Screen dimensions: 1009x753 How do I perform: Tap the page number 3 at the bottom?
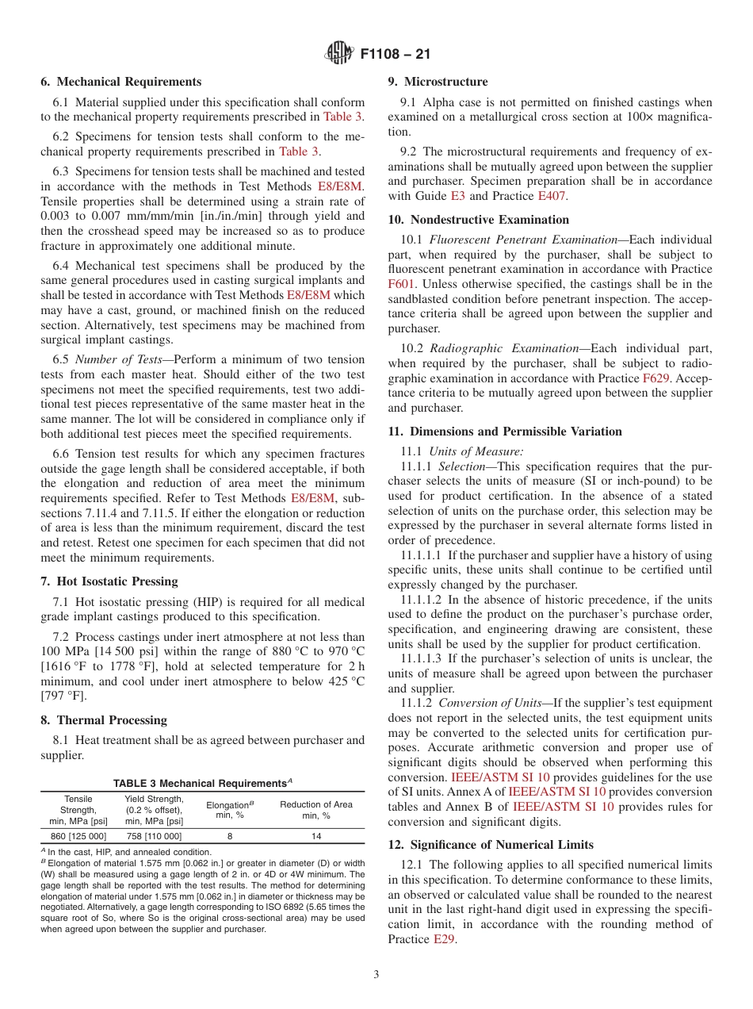click(x=376, y=975)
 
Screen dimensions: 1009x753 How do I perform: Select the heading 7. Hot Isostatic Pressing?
click(x=109, y=581)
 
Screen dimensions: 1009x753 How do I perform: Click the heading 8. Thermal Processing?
click(x=104, y=720)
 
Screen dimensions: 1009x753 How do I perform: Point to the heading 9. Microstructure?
click(x=438, y=82)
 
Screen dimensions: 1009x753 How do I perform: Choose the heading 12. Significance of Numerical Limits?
click(x=491, y=844)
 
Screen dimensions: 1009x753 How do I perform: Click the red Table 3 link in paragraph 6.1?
click(x=343, y=117)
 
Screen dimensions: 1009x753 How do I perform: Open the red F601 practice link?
click(x=403, y=283)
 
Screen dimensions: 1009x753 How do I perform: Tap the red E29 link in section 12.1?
click(x=445, y=939)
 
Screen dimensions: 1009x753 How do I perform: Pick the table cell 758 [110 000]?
click(x=154, y=835)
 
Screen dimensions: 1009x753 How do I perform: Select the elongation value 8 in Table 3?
click(x=230, y=835)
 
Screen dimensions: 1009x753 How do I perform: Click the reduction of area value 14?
click(x=316, y=835)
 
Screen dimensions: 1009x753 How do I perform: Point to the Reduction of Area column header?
click(x=316, y=810)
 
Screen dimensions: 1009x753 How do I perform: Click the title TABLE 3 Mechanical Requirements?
click(x=202, y=784)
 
